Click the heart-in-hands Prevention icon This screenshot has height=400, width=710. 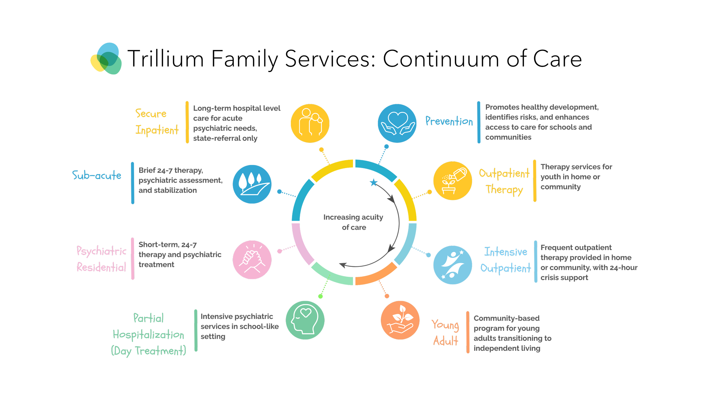tap(397, 123)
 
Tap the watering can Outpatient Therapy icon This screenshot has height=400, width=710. tap(453, 181)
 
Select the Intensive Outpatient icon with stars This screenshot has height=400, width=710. tap(453, 265)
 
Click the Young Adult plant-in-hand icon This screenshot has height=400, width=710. tap(400, 320)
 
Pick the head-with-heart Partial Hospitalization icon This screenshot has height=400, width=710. tap(305, 320)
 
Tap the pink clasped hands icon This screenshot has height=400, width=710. tap(252, 260)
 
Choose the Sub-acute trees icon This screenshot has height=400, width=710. tap(252, 184)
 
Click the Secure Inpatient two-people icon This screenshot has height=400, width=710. tap(310, 123)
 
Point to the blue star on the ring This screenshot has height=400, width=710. tap(374, 182)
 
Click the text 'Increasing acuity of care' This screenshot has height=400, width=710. tap(353, 222)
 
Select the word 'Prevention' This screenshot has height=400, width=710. tap(449, 121)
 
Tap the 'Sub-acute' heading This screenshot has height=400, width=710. tap(97, 176)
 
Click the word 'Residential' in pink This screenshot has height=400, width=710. tap(101, 267)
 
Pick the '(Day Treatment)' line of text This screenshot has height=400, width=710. tap(149, 351)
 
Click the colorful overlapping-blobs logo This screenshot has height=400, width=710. tap(106, 59)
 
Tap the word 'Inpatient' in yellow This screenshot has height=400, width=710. tap(157, 130)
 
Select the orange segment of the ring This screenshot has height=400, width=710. tap(376, 275)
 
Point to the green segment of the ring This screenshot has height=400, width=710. tap(331, 275)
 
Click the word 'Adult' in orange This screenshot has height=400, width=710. tap(446, 341)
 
